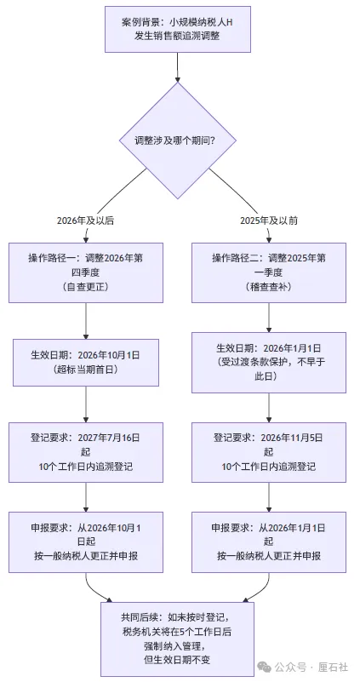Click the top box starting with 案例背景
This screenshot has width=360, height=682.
[x=178, y=31]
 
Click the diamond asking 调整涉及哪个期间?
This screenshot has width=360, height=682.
[x=178, y=139]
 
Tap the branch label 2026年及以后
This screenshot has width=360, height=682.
[x=86, y=221]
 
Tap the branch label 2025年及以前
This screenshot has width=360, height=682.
[x=269, y=221]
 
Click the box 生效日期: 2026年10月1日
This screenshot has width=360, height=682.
[x=86, y=362]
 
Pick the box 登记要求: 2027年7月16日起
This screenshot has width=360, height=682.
[x=86, y=451]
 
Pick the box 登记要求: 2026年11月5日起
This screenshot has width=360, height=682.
[x=269, y=451]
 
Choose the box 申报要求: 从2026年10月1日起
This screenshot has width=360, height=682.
[x=86, y=541]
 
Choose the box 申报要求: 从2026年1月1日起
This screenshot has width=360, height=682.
[x=269, y=541]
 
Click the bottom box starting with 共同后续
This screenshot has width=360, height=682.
[x=178, y=631]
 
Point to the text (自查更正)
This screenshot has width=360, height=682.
[x=86, y=288]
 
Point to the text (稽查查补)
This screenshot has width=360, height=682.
[x=269, y=288]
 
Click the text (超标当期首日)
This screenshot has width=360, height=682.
[x=86, y=370]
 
